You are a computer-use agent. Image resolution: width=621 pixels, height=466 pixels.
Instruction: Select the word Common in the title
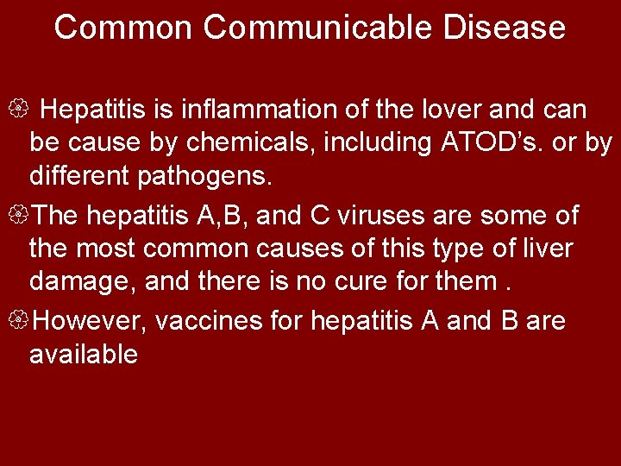tap(123, 28)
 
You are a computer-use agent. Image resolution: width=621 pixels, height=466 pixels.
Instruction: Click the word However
tap(94, 321)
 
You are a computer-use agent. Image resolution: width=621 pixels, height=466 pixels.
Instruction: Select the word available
tap(83, 354)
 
